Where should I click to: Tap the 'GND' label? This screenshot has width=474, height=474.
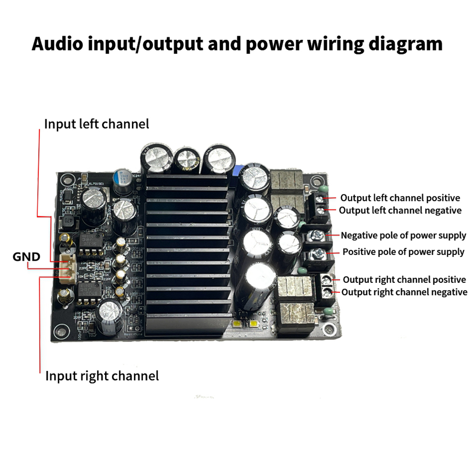26,257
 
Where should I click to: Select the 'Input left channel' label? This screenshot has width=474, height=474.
97,124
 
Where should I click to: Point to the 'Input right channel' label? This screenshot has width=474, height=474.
102,376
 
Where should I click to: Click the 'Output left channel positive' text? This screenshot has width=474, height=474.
400,198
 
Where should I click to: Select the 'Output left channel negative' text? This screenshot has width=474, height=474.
400,211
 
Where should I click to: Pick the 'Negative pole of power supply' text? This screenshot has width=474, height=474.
404,235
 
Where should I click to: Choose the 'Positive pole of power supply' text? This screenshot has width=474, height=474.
404,252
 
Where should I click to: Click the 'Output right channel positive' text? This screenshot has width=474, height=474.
404,280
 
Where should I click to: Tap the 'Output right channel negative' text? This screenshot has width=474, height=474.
404,292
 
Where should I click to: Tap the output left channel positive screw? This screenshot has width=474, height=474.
322,200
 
